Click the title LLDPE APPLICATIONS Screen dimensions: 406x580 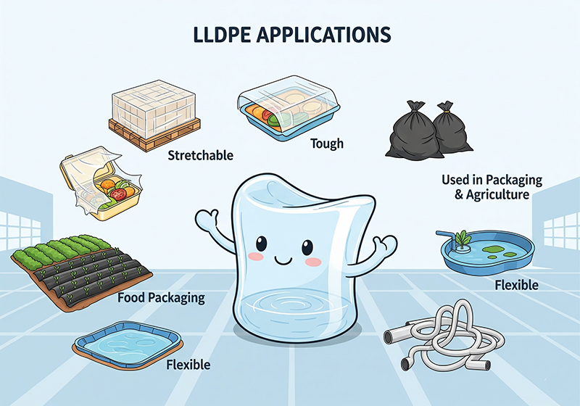click(x=290, y=34)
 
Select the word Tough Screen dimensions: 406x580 click(x=326, y=144)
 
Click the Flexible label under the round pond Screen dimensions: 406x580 click(x=516, y=285)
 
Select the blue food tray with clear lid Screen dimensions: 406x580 click(x=287, y=112)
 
